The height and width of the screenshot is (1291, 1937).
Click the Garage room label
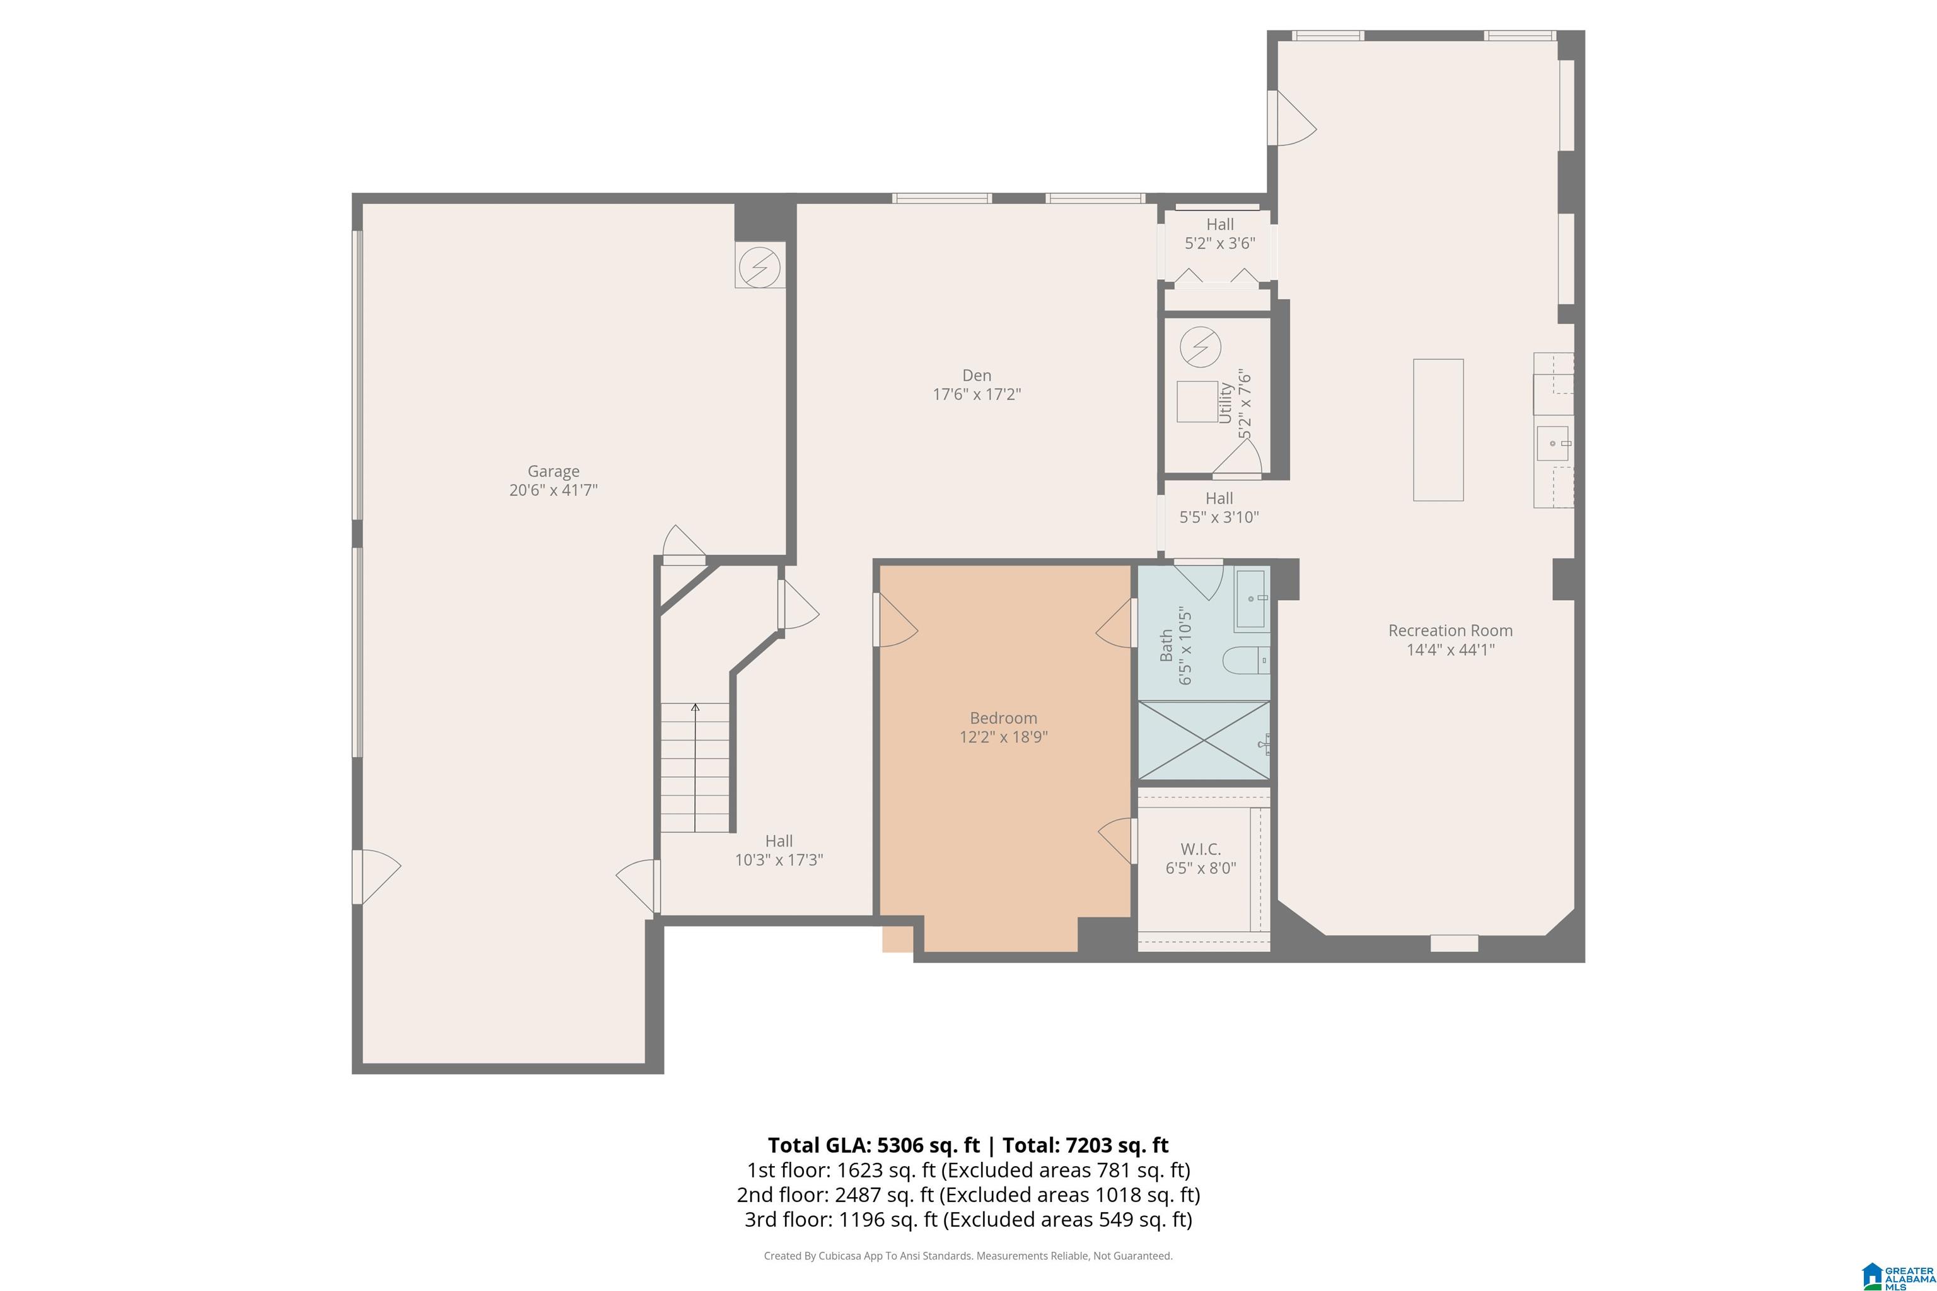[554, 471]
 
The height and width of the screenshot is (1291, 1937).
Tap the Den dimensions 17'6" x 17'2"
[977, 395]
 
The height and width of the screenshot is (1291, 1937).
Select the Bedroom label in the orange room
[1003, 718]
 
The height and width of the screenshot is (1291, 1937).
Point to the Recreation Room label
[1450, 630]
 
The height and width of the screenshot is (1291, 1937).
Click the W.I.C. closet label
[1201, 849]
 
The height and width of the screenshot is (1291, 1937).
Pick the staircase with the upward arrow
[695, 767]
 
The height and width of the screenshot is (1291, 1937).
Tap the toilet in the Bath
[1246, 661]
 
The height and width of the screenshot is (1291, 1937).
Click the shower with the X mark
[1204, 740]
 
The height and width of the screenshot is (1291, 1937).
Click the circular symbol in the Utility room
[1201, 347]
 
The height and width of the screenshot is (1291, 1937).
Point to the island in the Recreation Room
[1438, 430]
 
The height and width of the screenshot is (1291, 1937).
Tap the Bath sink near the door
[1252, 600]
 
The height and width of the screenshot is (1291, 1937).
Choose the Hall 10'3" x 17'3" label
[779, 850]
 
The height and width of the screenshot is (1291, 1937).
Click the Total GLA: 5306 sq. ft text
[874, 1145]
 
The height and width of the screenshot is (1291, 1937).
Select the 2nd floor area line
[968, 1195]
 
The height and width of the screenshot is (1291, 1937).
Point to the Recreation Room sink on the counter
[1554, 443]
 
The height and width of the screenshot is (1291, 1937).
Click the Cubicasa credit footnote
[968, 1256]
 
